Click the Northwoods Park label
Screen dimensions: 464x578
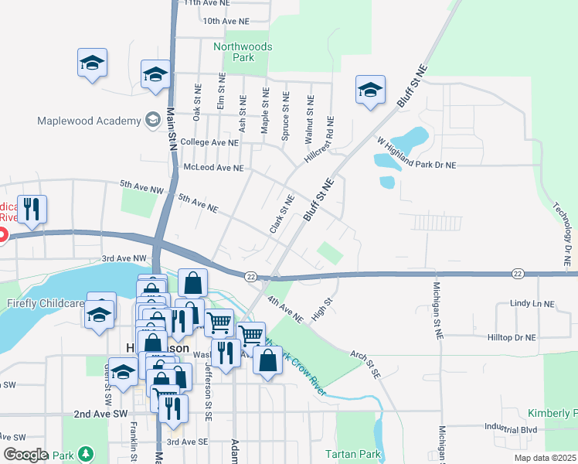(243, 52)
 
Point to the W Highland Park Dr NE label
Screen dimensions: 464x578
(416, 153)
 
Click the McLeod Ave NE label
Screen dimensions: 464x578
(213, 167)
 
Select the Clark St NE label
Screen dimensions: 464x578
(282, 214)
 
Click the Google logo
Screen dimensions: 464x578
(25, 455)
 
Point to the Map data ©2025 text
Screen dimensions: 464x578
(544, 458)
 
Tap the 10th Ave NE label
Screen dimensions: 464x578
(226, 21)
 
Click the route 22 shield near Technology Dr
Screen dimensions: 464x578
(517, 273)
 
